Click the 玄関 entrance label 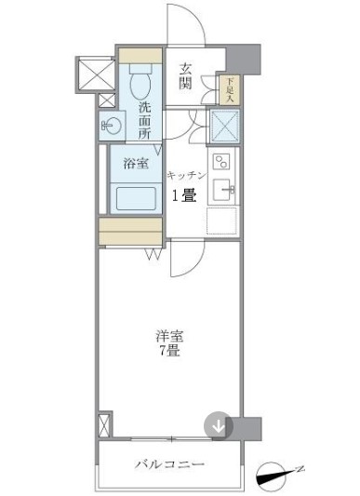click(x=186, y=75)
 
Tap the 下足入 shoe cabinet click(x=231, y=88)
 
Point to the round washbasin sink click(x=110, y=124)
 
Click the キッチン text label click(x=185, y=175)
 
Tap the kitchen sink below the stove click(x=222, y=192)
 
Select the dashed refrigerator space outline click(x=221, y=221)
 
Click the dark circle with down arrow click(x=218, y=427)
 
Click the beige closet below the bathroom click(x=132, y=230)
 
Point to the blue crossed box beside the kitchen click(x=223, y=127)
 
